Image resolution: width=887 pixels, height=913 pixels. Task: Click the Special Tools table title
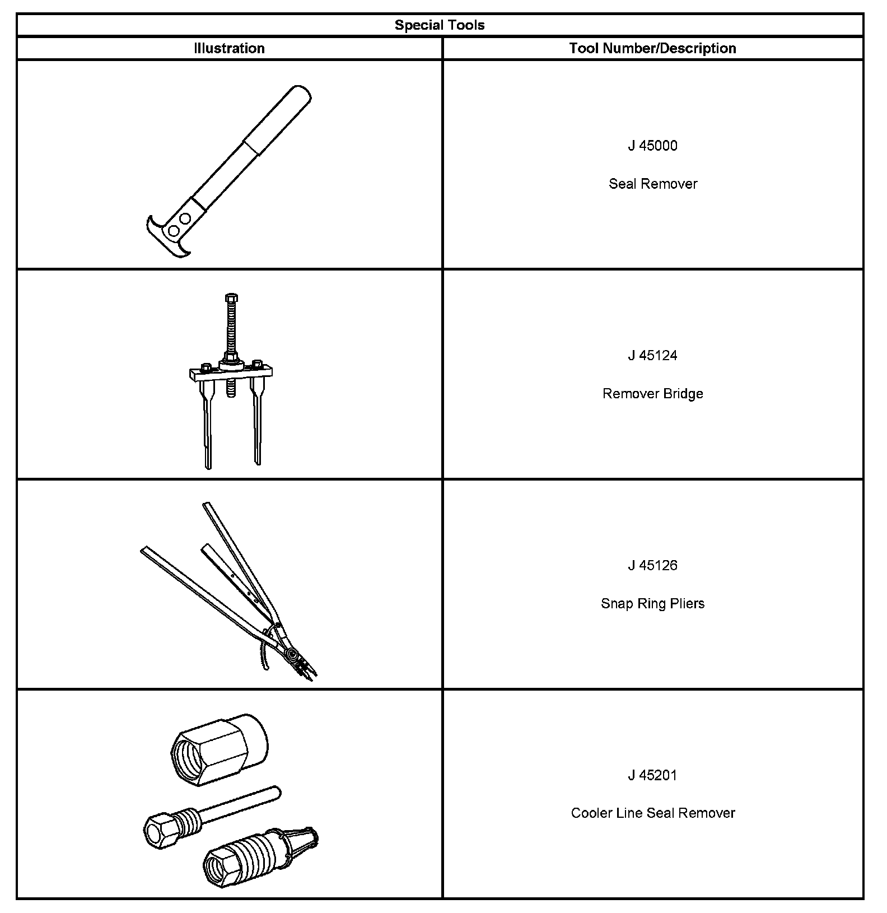pyautogui.click(x=440, y=25)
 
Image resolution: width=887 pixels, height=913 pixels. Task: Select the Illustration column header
pyautogui.click(x=229, y=48)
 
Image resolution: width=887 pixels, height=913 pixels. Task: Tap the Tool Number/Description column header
pyautogui.click(x=652, y=48)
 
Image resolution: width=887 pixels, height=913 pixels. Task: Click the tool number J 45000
pyautogui.click(x=652, y=146)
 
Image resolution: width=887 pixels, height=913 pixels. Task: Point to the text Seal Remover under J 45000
pyautogui.click(x=652, y=184)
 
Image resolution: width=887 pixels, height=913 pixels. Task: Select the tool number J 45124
pyautogui.click(x=652, y=356)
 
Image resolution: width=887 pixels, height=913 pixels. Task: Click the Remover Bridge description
pyautogui.click(x=652, y=394)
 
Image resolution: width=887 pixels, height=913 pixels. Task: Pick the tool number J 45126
pyautogui.click(x=652, y=566)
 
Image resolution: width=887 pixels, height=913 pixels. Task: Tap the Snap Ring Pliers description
pyautogui.click(x=652, y=604)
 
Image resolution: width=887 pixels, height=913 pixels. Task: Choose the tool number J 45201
pyautogui.click(x=652, y=776)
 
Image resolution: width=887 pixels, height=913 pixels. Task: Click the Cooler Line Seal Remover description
pyautogui.click(x=652, y=813)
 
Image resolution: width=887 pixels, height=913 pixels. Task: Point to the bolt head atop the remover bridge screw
pyautogui.click(x=231, y=297)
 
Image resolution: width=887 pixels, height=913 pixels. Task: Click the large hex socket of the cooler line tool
pyautogui.click(x=219, y=750)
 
